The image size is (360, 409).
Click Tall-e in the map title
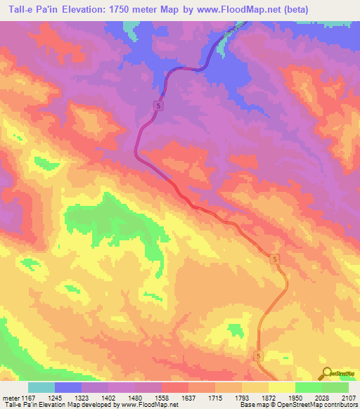tap(20, 9)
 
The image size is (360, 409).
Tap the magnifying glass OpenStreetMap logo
tap(327, 374)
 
